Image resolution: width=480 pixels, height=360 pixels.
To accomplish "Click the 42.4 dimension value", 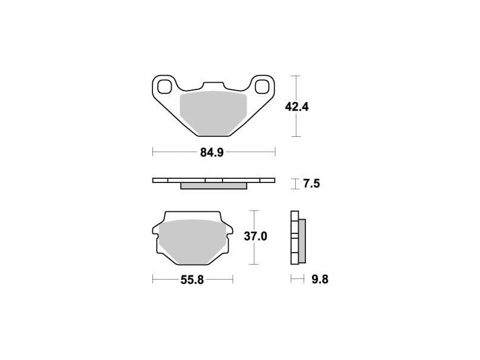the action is tap(296, 107).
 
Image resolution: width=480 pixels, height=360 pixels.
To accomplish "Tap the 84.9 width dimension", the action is tap(212, 152).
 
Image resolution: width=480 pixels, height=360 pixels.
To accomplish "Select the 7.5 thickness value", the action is tap(311, 184).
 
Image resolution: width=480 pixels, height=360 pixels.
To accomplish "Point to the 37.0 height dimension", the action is tap(256, 236).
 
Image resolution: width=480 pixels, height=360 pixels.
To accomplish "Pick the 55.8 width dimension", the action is tap(192, 280).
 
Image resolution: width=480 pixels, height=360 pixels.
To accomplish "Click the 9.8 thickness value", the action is tap(320, 279).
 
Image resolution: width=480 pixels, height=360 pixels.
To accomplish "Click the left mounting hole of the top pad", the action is tap(164, 86).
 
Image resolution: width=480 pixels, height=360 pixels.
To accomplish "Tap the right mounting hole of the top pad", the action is tap(262, 86).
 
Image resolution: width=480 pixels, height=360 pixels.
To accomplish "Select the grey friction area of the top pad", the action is tap(214, 113).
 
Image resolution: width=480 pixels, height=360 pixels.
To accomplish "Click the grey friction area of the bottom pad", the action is tap(193, 242).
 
